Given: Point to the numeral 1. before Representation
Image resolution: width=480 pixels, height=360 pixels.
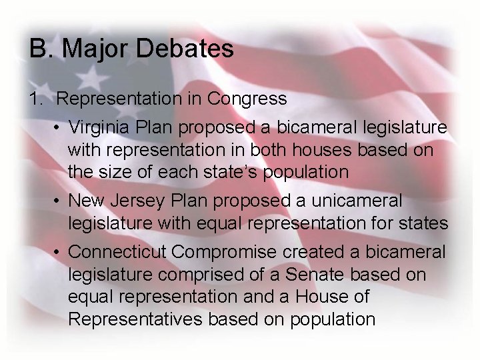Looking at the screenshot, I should [37, 99].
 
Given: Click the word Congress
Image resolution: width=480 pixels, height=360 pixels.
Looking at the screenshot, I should [247, 99].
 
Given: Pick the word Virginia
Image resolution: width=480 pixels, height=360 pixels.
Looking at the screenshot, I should [100, 127].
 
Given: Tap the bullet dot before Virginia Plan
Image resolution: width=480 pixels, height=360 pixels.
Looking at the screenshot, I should [59, 127].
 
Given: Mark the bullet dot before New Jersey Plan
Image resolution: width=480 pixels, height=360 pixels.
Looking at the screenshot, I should [59, 200].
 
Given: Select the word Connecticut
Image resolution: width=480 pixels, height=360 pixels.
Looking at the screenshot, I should [118, 251].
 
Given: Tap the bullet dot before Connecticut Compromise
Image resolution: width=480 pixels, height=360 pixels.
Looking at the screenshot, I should [59, 251].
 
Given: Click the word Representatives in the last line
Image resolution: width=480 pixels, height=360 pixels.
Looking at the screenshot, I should [135, 319].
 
